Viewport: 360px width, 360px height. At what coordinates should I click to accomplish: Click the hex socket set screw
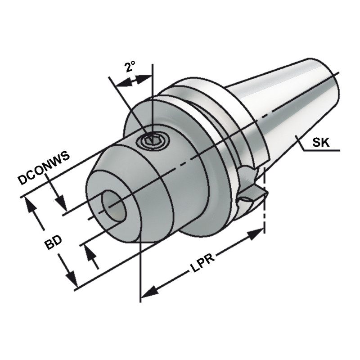(x=154, y=141)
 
